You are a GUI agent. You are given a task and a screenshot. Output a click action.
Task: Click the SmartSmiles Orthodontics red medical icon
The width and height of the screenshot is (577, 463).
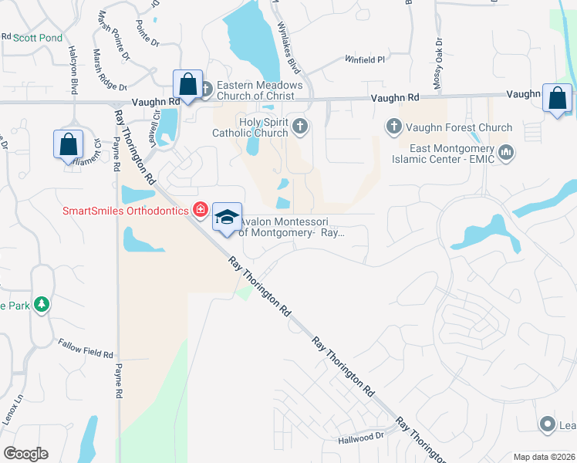pyautogui.click(x=201, y=210)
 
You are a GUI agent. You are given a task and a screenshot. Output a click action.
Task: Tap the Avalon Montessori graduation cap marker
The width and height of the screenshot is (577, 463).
pyautogui.click(x=227, y=218)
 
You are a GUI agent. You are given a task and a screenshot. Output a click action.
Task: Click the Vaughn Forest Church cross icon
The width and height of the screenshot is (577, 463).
pyautogui.click(x=393, y=127)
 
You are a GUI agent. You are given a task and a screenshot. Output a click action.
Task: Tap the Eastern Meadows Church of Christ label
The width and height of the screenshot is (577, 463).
pyautogui.click(x=255, y=90)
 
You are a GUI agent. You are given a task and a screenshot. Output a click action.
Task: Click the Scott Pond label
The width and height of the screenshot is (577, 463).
pyautogui.click(x=36, y=37)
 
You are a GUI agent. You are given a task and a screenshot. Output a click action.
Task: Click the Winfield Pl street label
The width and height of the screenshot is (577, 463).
pyautogui.click(x=364, y=59)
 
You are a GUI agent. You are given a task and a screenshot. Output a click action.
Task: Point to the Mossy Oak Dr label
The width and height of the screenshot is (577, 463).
pyautogui.click(x=438, y=56)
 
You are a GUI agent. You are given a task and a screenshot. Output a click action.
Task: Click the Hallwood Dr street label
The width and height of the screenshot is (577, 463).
pyautogui.click(x=361, y=437)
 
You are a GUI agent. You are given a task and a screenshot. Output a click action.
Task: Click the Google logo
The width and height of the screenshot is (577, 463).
pyautogui.click(x=25, y=453)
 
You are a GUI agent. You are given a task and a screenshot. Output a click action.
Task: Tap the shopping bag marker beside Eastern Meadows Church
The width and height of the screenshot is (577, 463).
pyautogui.click(x=188, y=84)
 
